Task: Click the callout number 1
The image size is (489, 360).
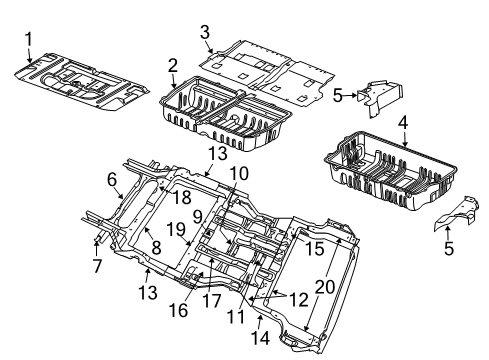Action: point(29,40)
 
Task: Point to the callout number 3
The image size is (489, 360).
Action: point(205,33)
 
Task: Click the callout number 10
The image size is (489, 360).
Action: point(237,173)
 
